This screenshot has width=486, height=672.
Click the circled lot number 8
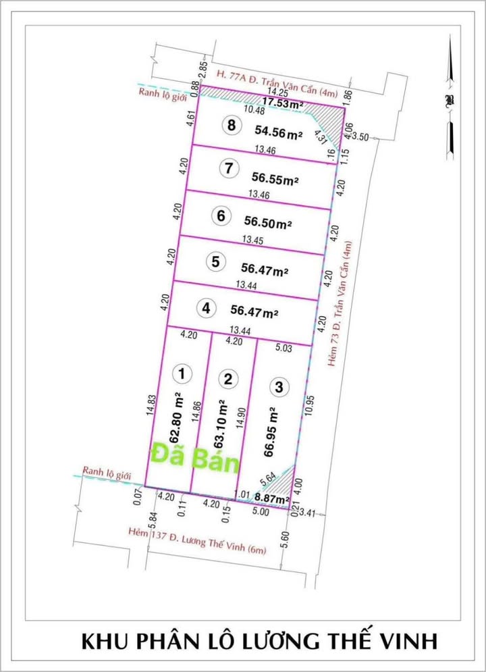[x=232, y=125]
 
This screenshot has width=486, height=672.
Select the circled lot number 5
[x=215, y=262]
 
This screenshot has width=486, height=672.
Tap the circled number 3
[x=277, y=387]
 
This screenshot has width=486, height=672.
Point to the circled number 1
[x=181, y=372]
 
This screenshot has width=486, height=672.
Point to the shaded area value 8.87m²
[x=271, y=500]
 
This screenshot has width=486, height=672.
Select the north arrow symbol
[x=448, y=101]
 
